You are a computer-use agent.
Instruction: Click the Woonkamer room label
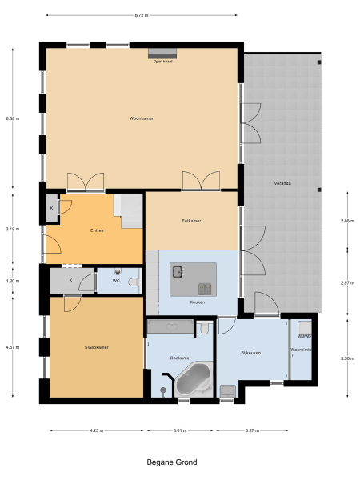coord(141,118)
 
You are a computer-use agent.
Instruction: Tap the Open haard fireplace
coord(163,54)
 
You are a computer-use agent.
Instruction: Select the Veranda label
coord(282,183)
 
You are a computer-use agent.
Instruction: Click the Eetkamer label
coord(191,220)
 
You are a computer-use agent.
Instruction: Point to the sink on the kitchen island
coord(177,272)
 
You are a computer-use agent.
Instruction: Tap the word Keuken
coord(198,302)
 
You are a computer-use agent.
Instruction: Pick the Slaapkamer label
coord(96,347)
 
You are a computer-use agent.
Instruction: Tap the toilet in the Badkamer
coord(205,328)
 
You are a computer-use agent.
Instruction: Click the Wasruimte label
coord(302,350)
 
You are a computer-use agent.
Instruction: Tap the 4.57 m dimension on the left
coord(11,347)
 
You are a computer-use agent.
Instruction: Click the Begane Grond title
coord(171,462)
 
